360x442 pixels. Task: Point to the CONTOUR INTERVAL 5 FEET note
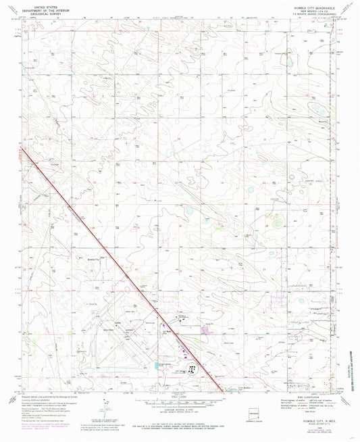coord(180,411)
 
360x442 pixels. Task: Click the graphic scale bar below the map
coord(180,403)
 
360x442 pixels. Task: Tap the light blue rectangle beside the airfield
coord(158,365)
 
